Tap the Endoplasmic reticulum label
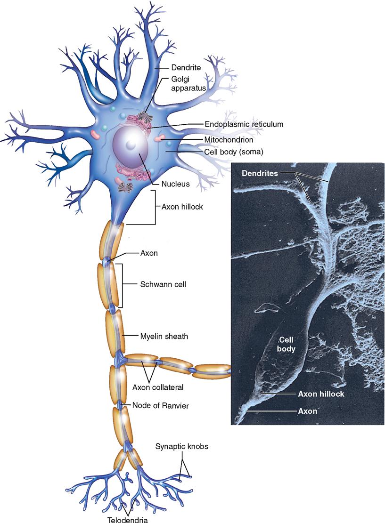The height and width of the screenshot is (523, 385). [x=244, y=124]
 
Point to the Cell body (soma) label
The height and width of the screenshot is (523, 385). [x=240, y=152]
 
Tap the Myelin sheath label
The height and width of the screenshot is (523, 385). [x=164, y=336]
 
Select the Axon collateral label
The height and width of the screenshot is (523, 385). [x=157, y=388]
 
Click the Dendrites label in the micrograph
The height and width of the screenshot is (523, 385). [x=260, y=173]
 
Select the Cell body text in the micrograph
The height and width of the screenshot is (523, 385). [x=286, y=344]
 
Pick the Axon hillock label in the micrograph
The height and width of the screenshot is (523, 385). [x=320, y=394]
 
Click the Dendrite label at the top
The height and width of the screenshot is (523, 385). [x=186, y=68]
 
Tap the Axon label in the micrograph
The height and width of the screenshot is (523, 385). [x=307, y=410]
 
